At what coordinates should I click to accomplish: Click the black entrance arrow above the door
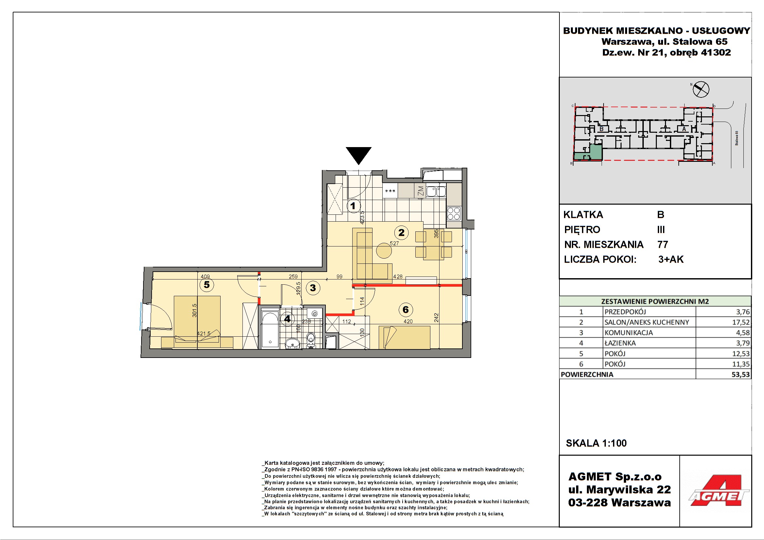coord(358,155)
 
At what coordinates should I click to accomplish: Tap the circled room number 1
coord(353,206)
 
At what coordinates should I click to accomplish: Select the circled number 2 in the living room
coord(401,232)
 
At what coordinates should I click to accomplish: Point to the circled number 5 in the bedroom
coord(207,285)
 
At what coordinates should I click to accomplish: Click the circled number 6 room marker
coord(406,310)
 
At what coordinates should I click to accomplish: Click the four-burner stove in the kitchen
coord(454,214)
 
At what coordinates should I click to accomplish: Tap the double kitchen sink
coord(436,192)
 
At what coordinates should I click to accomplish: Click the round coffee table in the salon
coord(384,251)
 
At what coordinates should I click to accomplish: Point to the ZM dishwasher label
coord(421,191)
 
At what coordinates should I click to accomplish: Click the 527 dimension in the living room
coord(394,244)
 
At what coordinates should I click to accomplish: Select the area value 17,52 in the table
coord(741,322)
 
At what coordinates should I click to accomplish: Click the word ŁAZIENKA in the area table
coord(620,343)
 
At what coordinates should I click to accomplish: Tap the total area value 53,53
coord(741,375)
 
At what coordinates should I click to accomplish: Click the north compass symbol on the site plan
coord(701,89)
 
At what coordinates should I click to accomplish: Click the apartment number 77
coord(662,245)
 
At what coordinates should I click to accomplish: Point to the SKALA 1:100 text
coord(596,443)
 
